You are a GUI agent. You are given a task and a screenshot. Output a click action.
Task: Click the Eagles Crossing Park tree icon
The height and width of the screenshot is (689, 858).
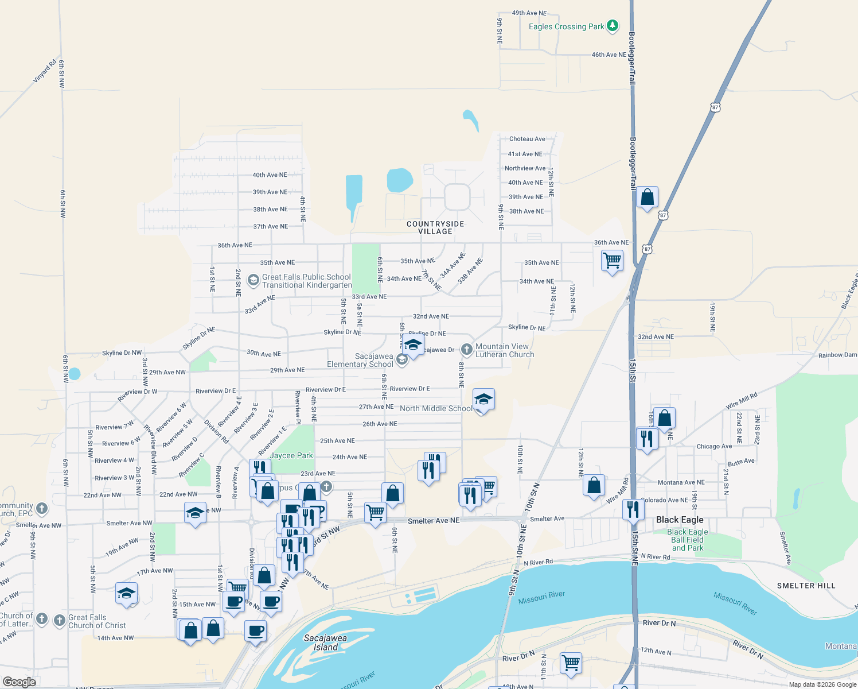(613, 26)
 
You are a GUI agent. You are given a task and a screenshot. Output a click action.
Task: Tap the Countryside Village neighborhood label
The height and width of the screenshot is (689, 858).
(435, 227)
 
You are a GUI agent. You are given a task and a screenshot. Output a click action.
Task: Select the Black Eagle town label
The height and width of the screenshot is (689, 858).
(680, 520)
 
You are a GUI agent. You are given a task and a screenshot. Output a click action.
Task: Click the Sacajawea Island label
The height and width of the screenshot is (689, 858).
(325, 642)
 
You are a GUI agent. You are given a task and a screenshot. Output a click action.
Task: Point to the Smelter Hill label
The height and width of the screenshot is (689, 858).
(806, 586)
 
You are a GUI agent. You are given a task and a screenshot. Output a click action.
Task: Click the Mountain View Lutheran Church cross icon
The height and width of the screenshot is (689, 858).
(467, 349)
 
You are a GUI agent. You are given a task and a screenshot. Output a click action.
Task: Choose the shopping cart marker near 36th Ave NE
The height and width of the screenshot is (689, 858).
(612, 261)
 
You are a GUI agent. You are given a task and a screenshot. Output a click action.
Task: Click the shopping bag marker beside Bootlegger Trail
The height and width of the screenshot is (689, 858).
(647, 198)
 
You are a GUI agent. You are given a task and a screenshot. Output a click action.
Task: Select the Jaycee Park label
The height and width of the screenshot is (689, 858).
(291, 455)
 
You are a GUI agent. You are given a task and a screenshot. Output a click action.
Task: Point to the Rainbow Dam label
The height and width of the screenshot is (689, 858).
(837, 355)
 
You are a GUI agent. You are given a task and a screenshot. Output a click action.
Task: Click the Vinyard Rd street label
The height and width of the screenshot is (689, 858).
(45, 71)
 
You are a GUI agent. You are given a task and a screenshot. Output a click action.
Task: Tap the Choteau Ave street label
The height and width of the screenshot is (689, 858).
(527, 139)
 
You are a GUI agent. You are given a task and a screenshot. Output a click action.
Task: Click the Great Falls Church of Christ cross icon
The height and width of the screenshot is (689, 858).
(60, 621)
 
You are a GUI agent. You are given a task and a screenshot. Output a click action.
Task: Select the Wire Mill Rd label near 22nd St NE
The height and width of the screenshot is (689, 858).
(742, 401)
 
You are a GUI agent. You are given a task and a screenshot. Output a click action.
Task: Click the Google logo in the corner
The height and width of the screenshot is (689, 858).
(19, 682)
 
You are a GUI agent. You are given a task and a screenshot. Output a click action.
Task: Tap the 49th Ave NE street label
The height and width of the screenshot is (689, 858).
(529, 13)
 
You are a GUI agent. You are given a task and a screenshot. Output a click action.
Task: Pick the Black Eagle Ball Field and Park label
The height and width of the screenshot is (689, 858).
(687, 540)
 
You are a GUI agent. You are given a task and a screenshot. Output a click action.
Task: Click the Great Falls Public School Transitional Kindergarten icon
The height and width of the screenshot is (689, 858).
(253, 280)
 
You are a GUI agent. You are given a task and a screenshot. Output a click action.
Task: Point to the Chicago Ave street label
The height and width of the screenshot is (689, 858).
(714, 446)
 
